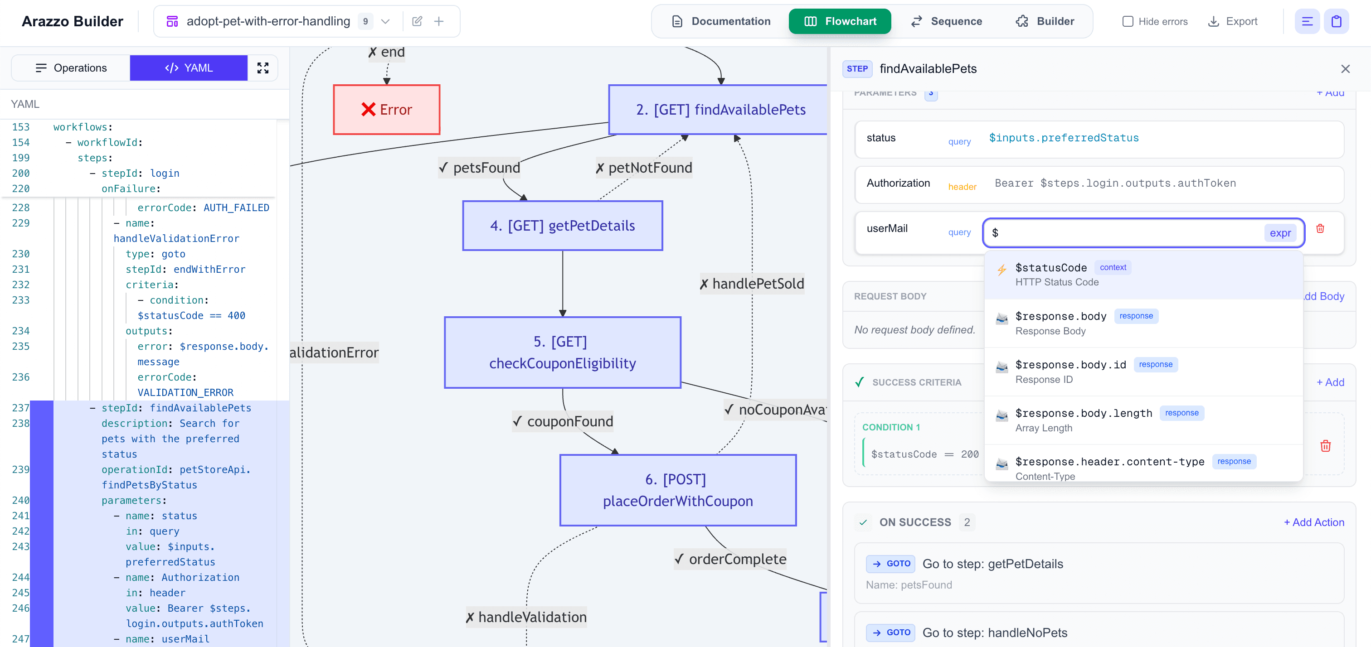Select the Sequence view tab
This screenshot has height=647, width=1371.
(946, 21)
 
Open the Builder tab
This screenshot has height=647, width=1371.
(1045, 21)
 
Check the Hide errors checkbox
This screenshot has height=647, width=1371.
(1127, 21)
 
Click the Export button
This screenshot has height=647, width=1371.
(1233, 21)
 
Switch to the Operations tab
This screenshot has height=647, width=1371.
(71, 68)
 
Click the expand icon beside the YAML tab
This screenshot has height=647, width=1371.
(263, 68)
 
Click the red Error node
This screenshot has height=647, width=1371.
(386, 110)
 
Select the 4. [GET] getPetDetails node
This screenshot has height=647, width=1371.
(562, 226)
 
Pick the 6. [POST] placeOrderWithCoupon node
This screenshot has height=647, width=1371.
(677, 490)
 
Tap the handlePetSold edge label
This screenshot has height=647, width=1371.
(752, 284)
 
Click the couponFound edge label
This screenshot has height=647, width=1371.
(563, 421)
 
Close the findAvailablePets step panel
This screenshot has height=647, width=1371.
(1345, 68)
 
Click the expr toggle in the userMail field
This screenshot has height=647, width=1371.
(1280, 233)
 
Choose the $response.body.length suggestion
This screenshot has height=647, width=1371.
(1084, 413)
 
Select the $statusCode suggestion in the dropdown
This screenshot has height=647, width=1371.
(1050, 268)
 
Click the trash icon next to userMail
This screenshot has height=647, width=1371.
(1320, 229)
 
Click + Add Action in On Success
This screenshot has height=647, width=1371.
(1313, 522)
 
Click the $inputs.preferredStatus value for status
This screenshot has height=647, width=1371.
(1063, 138)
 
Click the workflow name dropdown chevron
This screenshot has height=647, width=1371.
(385, 21)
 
